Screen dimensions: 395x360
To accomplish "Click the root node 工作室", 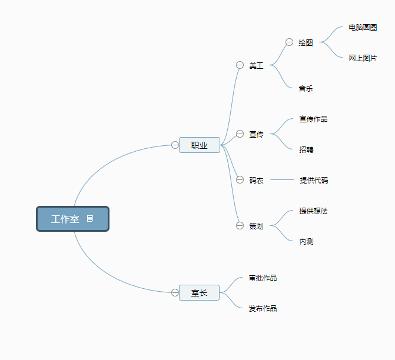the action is tap(72, 219).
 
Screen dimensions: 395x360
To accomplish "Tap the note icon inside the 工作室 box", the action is tap(90, 218).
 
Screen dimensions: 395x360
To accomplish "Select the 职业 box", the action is tap(200, 145).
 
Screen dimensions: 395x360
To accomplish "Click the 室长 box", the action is tap(199, 292).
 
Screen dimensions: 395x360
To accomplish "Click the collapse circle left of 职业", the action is tap(175, 145).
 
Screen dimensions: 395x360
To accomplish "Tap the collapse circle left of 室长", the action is tap(175, 292).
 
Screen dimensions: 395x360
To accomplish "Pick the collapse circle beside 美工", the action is tap(240, 65).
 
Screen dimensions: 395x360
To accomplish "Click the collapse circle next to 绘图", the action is tap(289, 42).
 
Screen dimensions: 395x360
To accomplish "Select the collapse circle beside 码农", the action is tap(240, 180).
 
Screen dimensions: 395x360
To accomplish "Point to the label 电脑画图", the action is tap(363, 28).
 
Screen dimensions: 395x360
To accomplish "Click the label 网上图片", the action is tap(363, 58).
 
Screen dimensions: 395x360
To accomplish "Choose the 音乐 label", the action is tap(306, 89).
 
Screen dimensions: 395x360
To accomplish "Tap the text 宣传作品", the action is tap(313, 119).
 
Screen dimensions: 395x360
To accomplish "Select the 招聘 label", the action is tap(306, 150).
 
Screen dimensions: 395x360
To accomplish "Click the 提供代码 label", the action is tap(314, 180).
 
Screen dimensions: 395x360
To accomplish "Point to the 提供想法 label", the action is tap(313, 211).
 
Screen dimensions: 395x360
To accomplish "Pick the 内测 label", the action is tap(306, 242).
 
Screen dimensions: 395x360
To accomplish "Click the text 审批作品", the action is tap(263, 278).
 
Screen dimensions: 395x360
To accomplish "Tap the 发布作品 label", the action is tap(263, 309).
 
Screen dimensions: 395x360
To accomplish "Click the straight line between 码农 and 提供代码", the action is tap(282, 180).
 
